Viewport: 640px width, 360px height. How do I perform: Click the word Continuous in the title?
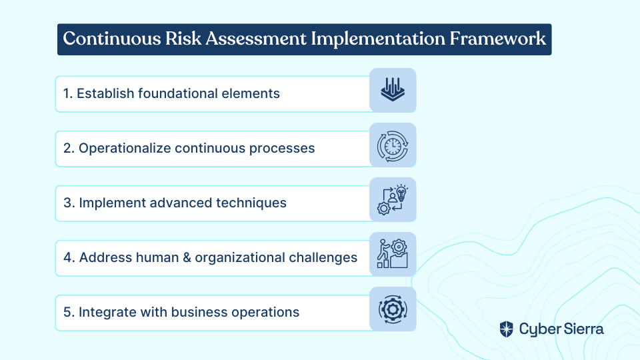click(x=112, y=39)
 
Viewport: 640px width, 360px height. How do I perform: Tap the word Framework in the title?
click(x=497, y=39)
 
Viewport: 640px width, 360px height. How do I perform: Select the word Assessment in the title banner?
click(x=256, y=39)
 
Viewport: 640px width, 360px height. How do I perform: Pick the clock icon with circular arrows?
click(x=393, y=146)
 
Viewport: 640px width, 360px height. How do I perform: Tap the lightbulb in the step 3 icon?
click(x=401, y=193)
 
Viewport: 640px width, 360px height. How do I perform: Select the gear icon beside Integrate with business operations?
click(x=393, y=309)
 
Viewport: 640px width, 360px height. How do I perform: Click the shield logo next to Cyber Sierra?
click(x=506, y=329)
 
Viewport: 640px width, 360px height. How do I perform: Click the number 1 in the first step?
click(x=67, y=93)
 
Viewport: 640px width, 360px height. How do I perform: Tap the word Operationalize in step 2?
click(x=124, y=149)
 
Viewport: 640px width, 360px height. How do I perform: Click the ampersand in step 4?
click(x=187, y=257)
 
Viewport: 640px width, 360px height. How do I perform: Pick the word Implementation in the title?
click(x=378, y=39)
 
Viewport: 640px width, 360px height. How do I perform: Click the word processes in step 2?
click(x=281, y=149)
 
